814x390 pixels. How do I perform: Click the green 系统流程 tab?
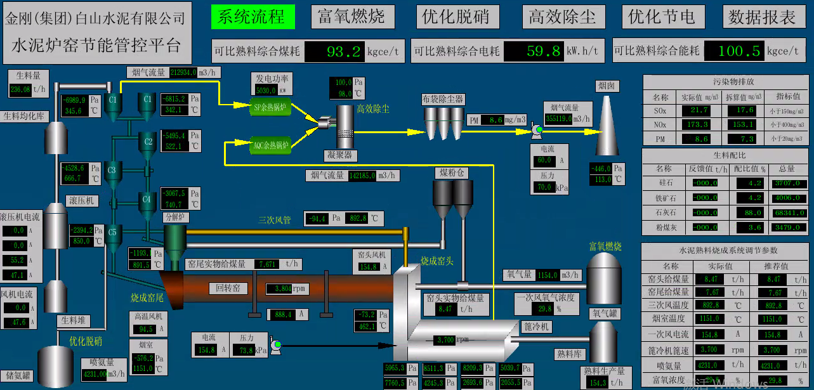[x=253, y=17]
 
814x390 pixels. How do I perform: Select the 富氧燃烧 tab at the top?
[x=351, y=17]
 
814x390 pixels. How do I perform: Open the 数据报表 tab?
[x=762, y=17]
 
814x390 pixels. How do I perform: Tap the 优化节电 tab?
[x=662, y=17]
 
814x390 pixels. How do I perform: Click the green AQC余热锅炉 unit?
[x=270, y=145]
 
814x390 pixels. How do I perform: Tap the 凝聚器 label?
[x=339, y=155]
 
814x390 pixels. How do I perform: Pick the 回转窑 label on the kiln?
[x=228, y=289]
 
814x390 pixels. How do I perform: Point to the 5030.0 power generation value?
[x=266, y=91]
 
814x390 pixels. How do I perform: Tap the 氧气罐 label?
[x=605, y=313]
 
